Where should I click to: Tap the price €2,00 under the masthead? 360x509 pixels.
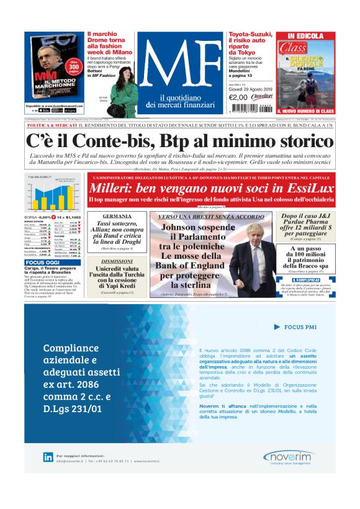pyautogui.click(x=238, y=97)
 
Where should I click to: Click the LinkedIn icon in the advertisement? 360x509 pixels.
pyautogui.click(x=48, y=457)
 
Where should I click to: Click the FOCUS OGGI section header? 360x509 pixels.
pyautogui.click(x=43, y=263)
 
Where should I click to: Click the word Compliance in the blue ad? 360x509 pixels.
pyautogui.click(x=71, y=348)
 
